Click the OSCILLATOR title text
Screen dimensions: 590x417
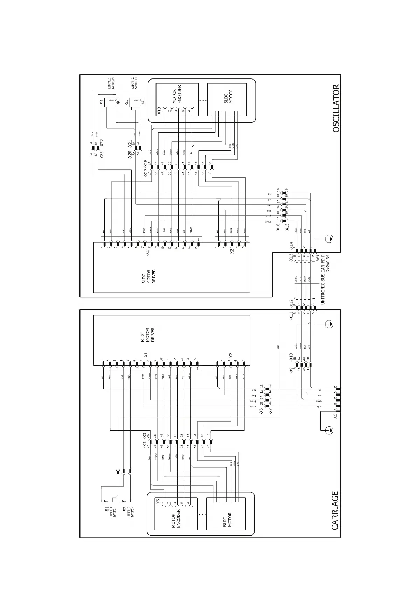336,108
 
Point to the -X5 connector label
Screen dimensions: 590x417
158,502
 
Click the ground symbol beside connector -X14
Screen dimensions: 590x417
329,239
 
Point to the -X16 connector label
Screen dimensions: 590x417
278,228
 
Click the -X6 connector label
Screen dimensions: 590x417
261,412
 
